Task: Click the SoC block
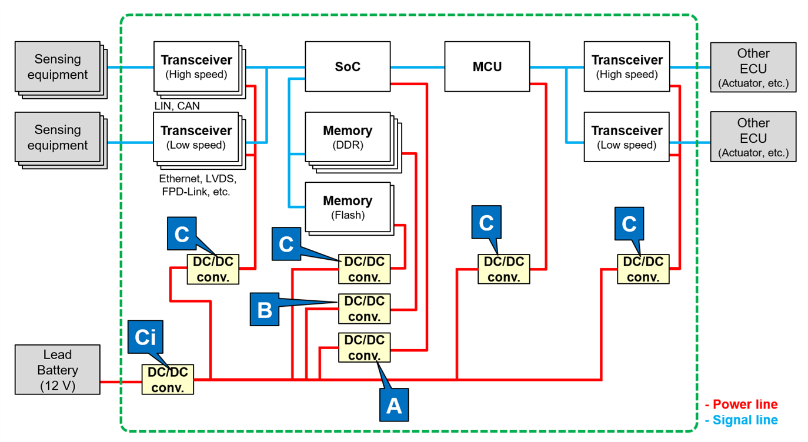[348, 66]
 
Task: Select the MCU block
[487, 66]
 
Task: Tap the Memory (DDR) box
[348, 137]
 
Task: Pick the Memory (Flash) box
[348, 207]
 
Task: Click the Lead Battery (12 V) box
[57, 370]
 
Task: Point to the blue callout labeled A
[393, 404]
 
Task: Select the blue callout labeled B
[265, 309]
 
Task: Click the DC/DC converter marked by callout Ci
[168, 380]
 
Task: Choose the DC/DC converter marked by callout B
[364, 309]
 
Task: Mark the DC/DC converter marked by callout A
[364, 347]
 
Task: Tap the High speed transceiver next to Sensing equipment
[196, 66]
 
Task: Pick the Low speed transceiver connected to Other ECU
[626, 137]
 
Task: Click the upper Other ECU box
[753, 67]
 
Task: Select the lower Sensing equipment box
[58, 138]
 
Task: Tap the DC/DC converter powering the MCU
[503, 269]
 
